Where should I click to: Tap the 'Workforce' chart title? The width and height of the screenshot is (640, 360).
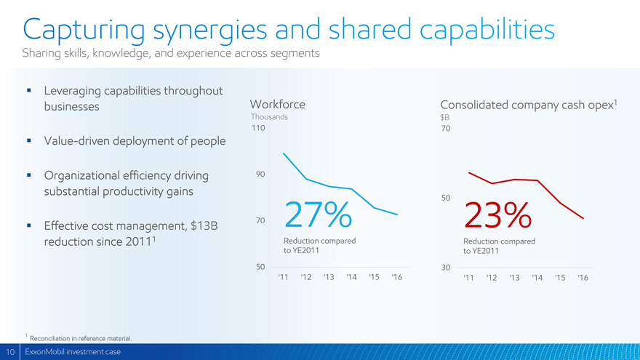(x=277, y=105)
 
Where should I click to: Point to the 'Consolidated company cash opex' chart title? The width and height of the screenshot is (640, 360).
(x=527, y=105)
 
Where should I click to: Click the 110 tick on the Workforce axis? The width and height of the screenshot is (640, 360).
(x=257, y=128)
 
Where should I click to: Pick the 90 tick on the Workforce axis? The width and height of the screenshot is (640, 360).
(x=260, y=174)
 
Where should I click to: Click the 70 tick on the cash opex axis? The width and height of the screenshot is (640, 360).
(x=446, y=128)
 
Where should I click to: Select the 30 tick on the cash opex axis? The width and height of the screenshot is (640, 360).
(x=446, y=268)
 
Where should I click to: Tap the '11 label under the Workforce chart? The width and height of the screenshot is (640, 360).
(x=283, y=277)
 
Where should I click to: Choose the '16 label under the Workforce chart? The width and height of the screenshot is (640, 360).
(x=396, y=277)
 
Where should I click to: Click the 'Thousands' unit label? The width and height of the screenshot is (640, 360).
(x=268, y=117)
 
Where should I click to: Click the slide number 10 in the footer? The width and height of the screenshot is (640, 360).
(x=10, y=352)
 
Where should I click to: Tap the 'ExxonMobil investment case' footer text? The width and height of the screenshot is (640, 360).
(x=73, y=352)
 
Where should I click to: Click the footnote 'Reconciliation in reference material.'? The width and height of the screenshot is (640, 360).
(x=81, y=338)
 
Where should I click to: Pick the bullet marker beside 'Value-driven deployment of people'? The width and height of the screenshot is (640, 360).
(x=28, y=140)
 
